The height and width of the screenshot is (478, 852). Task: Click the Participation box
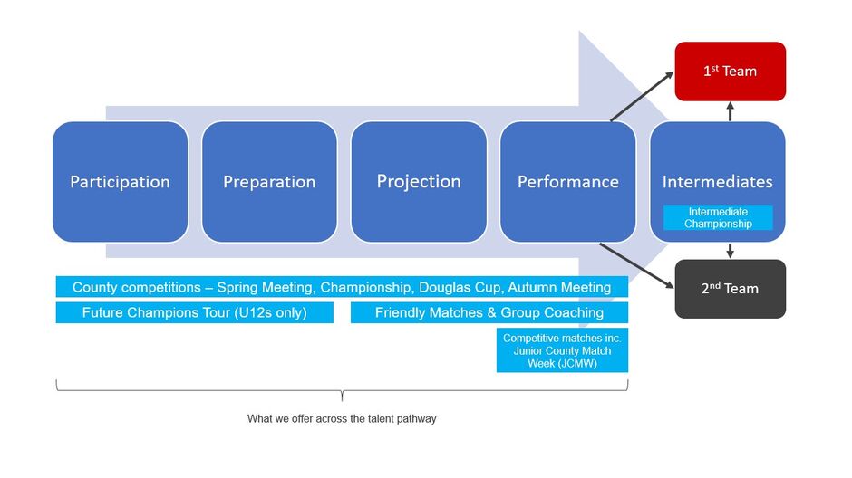click(x=120, y=182)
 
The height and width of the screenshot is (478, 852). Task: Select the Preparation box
click(x=269, y=182)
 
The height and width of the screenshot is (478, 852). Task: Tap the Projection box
click(x=419, y=182)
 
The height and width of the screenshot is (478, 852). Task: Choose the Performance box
click(x=567, y=182)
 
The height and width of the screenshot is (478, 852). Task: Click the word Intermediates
click(x=717, y=182)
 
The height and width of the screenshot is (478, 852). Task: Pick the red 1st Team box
click(x=730, y=72)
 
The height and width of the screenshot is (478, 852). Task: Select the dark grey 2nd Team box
click(x=730, y=289)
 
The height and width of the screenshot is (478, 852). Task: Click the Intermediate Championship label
click(x=718, y=217)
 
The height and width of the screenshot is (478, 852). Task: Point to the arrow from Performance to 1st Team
click(x=643, y=95)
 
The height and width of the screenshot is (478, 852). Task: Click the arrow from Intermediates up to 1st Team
click(x=730, y=111)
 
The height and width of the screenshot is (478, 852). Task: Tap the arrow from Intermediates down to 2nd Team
click(x=730, y=251)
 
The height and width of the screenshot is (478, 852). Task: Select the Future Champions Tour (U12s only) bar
click(x=194, y=312)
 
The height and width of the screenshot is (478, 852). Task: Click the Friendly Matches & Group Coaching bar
click(x=489, y=312)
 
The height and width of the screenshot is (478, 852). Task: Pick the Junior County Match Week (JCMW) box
click(x=562, y=350)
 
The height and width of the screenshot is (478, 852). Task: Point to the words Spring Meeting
click(x=261, y=287)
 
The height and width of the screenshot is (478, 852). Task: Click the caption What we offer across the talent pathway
click(x=342, y=419)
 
